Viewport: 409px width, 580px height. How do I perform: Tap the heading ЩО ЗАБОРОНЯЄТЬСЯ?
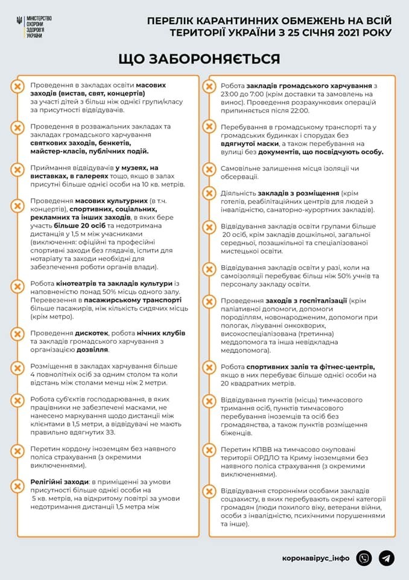coord(199,59)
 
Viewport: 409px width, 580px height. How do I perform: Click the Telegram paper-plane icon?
coord(387,558)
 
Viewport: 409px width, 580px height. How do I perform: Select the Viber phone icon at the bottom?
coord(364,558)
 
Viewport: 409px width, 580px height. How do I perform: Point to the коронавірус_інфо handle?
coord(315,558)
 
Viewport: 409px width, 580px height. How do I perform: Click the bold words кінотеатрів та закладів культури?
coord(125,284)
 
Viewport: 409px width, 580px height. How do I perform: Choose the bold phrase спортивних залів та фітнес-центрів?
coord(311,367)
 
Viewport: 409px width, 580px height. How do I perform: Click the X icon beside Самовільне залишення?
coord(209,170)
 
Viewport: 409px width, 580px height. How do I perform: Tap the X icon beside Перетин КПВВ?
coord(209,451)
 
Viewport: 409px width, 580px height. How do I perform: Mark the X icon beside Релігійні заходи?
coord(17,483)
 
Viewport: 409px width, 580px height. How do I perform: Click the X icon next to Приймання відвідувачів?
coord(17,169)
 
